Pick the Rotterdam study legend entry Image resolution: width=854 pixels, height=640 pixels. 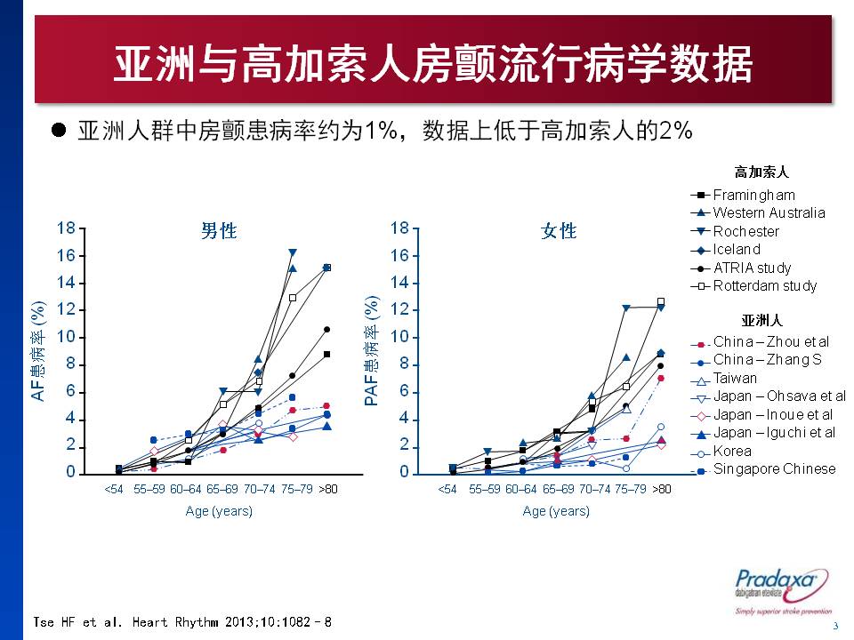point(764,285)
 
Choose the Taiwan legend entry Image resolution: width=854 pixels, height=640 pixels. point(735,378)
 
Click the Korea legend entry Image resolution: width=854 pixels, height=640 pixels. point(731,451)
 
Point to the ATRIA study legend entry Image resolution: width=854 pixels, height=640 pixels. point(752,268)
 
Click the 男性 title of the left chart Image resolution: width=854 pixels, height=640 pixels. point(219,231)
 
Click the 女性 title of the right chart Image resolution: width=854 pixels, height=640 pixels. point(559,231)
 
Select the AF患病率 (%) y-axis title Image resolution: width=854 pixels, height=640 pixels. point(37,350)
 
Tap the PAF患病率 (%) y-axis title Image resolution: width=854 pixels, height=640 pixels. point(372,350)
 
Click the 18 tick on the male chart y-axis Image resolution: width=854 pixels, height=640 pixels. point(65,228)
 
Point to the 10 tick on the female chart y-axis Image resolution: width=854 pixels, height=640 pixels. point(399,337)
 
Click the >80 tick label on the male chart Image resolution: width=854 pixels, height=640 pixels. point(328,489)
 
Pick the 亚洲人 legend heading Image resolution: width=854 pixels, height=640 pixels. point(762,319)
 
